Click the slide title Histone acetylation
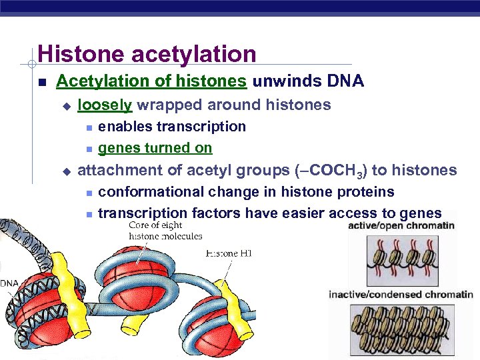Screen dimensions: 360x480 (x=147, y=54)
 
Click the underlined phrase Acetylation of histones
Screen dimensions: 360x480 (x=151, y=82)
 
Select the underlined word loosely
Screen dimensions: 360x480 (x=105, y=105)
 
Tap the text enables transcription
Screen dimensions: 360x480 (x=171, y=127)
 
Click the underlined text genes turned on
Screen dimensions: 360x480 (x=155, y=148)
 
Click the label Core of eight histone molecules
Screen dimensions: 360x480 (x=165, y=230)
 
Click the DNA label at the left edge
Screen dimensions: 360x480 (x=9, y=283)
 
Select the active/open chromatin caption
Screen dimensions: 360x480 (x=401, y=225)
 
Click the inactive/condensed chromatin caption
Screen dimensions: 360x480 (x=401, y=295)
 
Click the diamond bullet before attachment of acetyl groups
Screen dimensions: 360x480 (x=65, y=171)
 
